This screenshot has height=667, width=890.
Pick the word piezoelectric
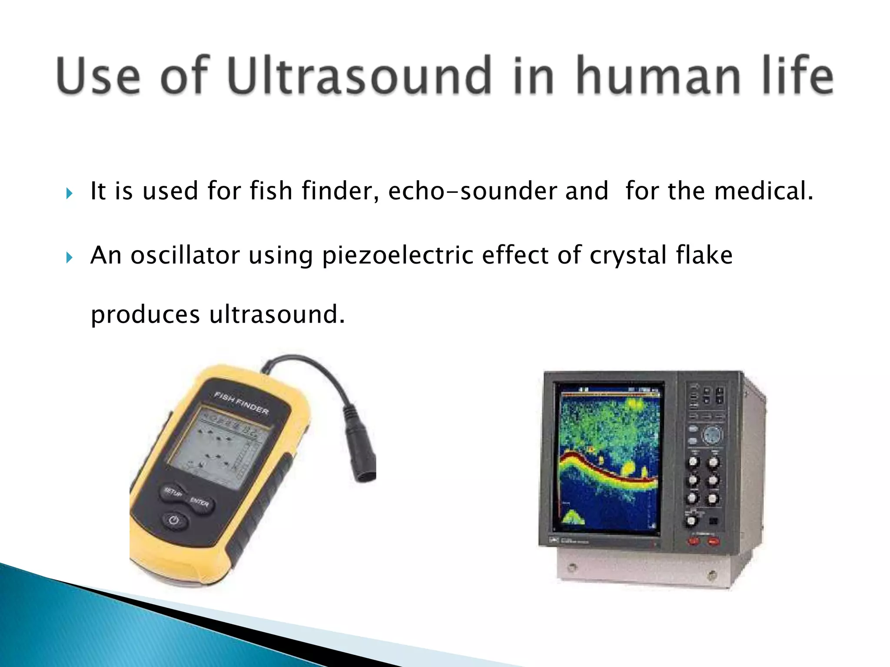click(x=397, y=255)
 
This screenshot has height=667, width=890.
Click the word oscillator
click(x=185, y=255)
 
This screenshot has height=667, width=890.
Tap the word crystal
click(x=628, y=255)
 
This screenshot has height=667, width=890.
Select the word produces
click(x=145, y=314)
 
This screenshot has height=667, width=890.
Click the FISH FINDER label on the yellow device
click(x=242, y=403)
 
